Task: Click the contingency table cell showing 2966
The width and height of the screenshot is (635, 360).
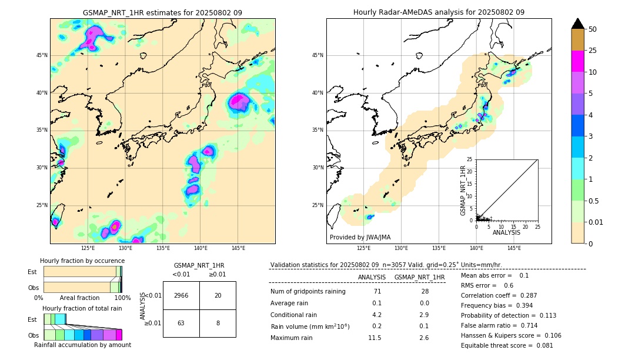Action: [x=181, y=295]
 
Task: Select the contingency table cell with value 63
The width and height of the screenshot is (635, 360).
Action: [x=181, y=323]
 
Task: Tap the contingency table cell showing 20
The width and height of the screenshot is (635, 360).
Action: [x=218, y=295]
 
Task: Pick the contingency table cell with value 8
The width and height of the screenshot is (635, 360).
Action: [x=218, y=323]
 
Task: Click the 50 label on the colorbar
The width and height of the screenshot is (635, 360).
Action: [x=593, y=29]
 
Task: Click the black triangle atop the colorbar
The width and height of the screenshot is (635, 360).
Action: [x=578, y=24]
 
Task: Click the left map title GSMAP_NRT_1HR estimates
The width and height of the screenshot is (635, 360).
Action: [x=162, y=12]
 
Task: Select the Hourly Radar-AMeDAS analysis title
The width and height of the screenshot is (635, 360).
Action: [x=439, y=12]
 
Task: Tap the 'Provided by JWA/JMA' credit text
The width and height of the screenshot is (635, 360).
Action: [x=360, y=238]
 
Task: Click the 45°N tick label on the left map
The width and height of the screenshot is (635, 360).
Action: [x=42, y=55]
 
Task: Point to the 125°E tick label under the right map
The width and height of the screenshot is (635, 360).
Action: [x=364, y=248]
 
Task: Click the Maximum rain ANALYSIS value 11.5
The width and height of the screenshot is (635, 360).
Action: [x=375, y=338]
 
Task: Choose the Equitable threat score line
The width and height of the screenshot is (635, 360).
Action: [x=507, y=345]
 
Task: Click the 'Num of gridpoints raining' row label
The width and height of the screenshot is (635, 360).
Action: [x=308, y=291]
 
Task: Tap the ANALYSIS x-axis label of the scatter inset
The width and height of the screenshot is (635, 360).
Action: [x=506, y=232]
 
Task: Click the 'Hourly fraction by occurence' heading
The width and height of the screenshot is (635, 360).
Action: [x=81, y=261]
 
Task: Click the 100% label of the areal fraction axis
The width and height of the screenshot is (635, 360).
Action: [x=122, y=298]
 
